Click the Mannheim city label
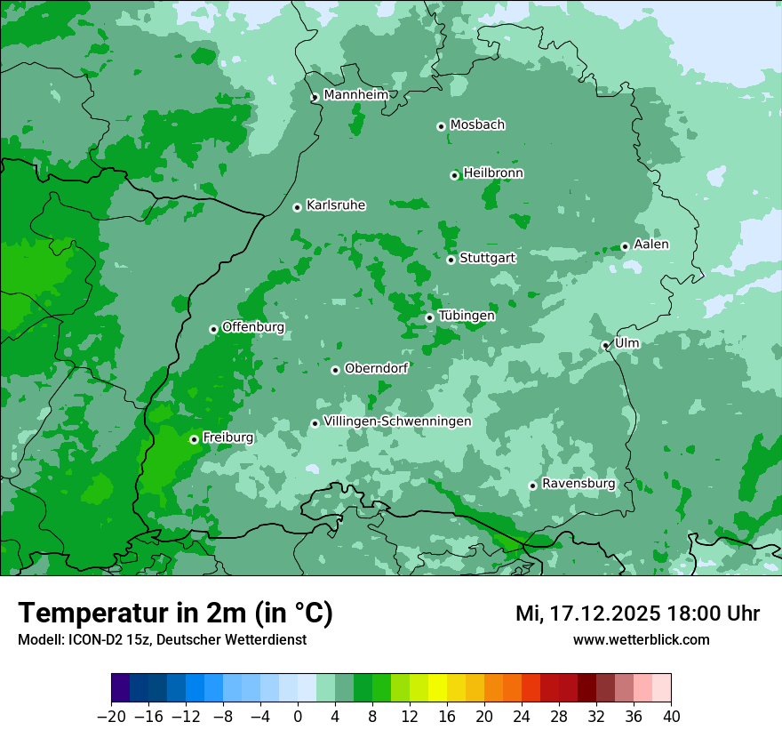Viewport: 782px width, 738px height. [x=355, y=95]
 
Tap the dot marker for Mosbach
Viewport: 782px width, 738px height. [x=441, y=126]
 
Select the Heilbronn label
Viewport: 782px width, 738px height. [x=493, y=173]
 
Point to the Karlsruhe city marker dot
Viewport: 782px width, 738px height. [x=298, y=207]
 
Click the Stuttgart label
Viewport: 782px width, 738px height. [x=488, y=259]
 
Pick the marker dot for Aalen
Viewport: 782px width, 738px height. [x=625, y=246]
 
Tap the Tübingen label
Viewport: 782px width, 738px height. [x=467, y=316]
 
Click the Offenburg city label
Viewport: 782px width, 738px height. [x=253, y=327]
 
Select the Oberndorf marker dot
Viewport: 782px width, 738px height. [x=335, y=370]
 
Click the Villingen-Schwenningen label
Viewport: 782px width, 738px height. [x=397, y=421]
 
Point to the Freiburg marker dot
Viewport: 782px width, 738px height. [x=194, y=439]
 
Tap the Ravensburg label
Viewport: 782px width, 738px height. [x=579, y=484]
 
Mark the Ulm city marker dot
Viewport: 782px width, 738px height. [x=606, y=345]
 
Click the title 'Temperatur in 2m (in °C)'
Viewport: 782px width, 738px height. [x=175, y=613]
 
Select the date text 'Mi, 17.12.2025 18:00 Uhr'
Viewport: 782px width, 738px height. [x=637, y=614]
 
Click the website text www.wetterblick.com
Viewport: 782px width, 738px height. [x=641, y=640]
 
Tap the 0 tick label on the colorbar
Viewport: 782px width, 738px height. [x=298, y=717]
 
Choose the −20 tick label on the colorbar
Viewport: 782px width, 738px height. [x=111, y=717]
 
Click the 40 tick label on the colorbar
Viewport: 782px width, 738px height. [x=671, y=717]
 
